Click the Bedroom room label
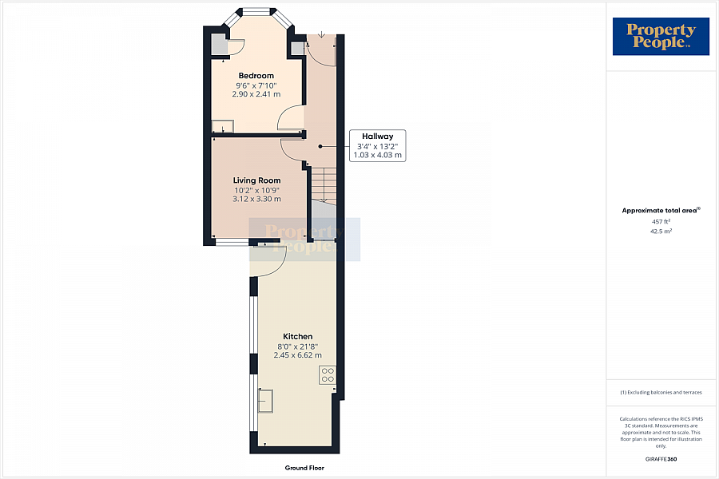pyautogui.click(x=256, y=76)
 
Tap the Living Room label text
pyautogui.click(x=256, y=180)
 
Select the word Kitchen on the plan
pyautogui.click(x=298, y=336)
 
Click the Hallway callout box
pyautogui.click(x=378, y=145)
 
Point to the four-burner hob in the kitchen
pyautogui.click(x=327, y=375)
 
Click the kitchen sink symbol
pyautogui.click(x=265, y=401)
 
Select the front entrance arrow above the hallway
pyautogui.click(x=320, y=35)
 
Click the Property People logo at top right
pyautogui.click(x=661, y=37)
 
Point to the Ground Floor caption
pyautogui.click(x=304, y=468)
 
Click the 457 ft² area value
pyautogui.click(x=660, y=221)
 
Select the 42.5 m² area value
pyautogui.click(x=660, y=231)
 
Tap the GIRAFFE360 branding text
pyautogui.click(x=661, y=459)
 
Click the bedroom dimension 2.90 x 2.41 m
pyautogui.click(x=256, y=94)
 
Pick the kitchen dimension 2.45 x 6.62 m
pyautogui.click(x=298, y=355)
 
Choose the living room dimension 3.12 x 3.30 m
pyautogui.click(x=256, y=199)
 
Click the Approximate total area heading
pyautogui.click(x=660, y=211)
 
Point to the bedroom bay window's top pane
pyautogui.click(x=256, y=11)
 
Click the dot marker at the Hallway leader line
pyautogui.click(x=320, y=146)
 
